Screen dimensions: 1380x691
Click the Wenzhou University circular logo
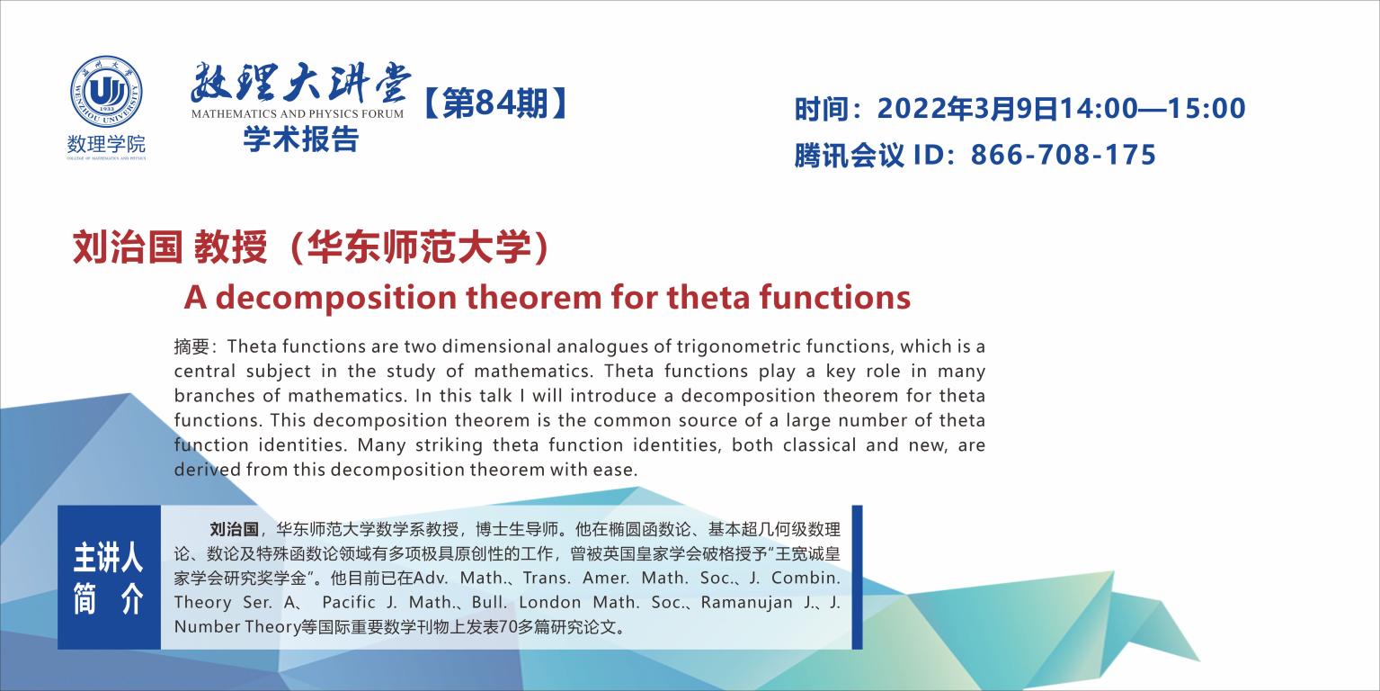tap(106, 92)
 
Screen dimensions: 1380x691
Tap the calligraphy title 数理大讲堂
tap(300, 83)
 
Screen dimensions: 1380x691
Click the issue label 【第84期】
tap(494, 103)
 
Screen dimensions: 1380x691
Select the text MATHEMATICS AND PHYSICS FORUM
tap(297, 114)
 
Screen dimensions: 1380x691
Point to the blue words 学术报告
tap(300, 139)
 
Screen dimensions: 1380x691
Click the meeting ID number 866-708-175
tap(1064, 155)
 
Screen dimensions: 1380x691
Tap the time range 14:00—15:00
tap(1152, 109)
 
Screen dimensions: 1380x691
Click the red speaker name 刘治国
tap(128, 247)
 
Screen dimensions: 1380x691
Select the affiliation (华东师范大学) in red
tap(418, 247)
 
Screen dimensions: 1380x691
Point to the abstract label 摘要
tap(191, 346)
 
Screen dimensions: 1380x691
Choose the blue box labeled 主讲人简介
tap(109, 577)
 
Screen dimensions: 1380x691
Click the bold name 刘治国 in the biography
tap(234, 529)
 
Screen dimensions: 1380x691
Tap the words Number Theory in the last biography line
tap(237, 627)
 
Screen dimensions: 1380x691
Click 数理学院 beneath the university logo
tap(106, 145)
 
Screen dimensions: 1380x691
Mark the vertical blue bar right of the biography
tap(857, 577)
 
